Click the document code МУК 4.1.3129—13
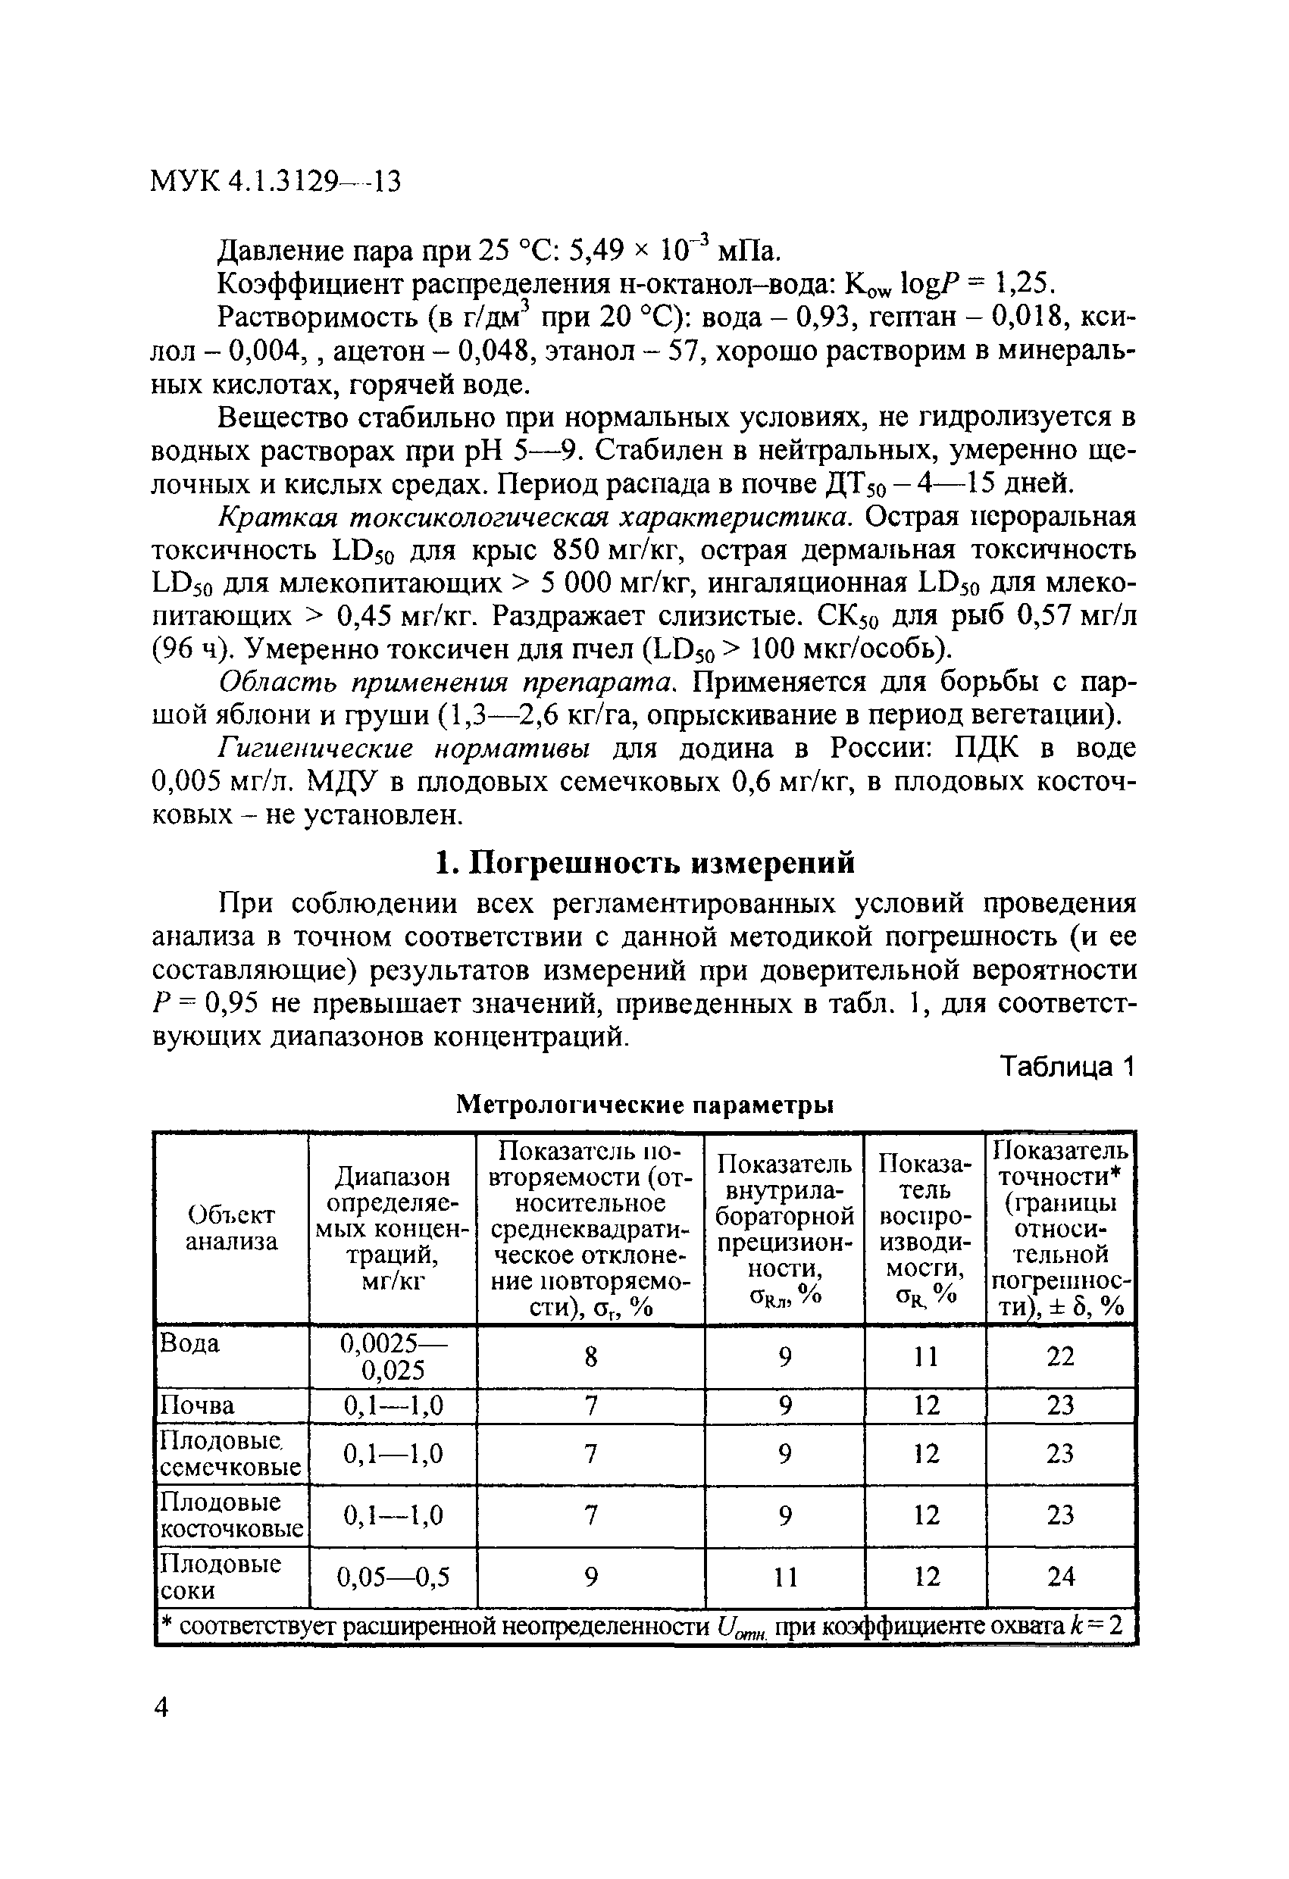tap(276, 181)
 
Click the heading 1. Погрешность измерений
tap(644, 863)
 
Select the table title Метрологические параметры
tap(644, 1104)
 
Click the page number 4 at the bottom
tap(161, 1708)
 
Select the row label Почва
tap(197, 1405)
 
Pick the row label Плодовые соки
tap(220, 1577)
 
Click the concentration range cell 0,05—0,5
tap(393, 1577)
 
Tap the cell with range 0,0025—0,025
tap(393, 1357)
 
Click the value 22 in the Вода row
tap(1060, 1357)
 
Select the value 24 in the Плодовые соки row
tap(1060, 1576)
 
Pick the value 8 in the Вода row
tap(590, 1357)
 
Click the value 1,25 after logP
tap(1023, 284)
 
